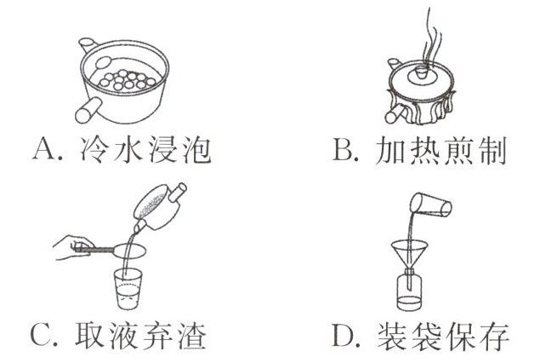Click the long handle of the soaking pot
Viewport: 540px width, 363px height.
tap(88, 109)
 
